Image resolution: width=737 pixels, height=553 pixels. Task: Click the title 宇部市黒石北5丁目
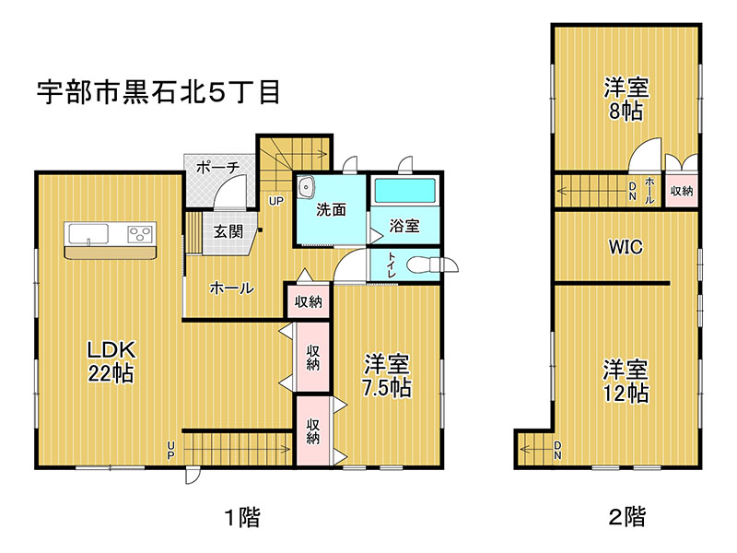coord(158,92)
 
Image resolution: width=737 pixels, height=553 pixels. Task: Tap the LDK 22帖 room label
coord(111,361)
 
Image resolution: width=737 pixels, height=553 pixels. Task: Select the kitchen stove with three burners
coord(140,234)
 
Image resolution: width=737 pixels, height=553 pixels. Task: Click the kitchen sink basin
coord(88,234)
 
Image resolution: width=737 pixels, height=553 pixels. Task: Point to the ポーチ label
coord(217,167)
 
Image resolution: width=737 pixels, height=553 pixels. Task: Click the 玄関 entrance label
coord(228,231)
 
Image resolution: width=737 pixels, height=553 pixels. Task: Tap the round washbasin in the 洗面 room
coord(307,188)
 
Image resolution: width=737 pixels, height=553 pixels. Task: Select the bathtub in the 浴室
coord(404,191)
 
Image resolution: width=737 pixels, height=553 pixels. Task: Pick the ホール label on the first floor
coord(232,288)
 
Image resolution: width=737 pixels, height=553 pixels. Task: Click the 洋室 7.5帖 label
coord(386,376)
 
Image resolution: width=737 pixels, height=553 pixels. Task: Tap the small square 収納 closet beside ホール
coord(308,301)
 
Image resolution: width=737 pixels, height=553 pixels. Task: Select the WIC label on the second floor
coord(626,246)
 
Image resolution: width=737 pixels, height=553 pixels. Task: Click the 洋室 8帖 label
coord(626,100)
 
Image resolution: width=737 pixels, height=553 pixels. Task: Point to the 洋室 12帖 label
coord(626,381)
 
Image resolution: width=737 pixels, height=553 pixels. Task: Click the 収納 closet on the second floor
coord(682,191)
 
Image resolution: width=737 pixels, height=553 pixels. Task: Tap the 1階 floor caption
coord(242,517)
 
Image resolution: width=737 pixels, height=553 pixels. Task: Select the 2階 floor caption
coord(627,516)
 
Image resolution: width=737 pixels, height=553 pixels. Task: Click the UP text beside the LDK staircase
coord(170,450)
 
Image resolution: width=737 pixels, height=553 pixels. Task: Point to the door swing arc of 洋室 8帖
coord(643,147)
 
